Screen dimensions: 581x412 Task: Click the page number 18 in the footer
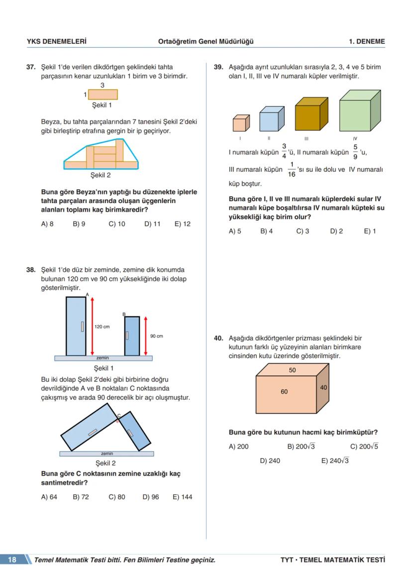(12, 560)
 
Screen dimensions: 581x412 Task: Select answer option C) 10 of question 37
(116, 224)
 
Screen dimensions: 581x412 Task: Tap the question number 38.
(31, 270)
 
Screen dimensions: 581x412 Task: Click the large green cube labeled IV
(358, 111)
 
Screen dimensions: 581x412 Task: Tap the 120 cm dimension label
(102, 327)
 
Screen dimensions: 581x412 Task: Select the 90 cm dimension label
(156, 336)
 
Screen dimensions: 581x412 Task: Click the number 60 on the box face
(284, 392)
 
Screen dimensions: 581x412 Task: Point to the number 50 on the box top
(292, 370)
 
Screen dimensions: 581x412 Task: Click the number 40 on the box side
(323, 387)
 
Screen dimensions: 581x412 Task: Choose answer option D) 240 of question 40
(270, 461)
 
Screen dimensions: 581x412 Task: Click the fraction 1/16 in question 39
(291, 169)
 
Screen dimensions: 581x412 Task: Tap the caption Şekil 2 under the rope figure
(101, 175)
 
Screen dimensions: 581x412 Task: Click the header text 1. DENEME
(367, 41)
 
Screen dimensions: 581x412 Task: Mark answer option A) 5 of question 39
(235, 231)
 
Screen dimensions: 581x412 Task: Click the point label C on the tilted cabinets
(118, 415)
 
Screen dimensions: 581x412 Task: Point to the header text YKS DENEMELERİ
(57, 41)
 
